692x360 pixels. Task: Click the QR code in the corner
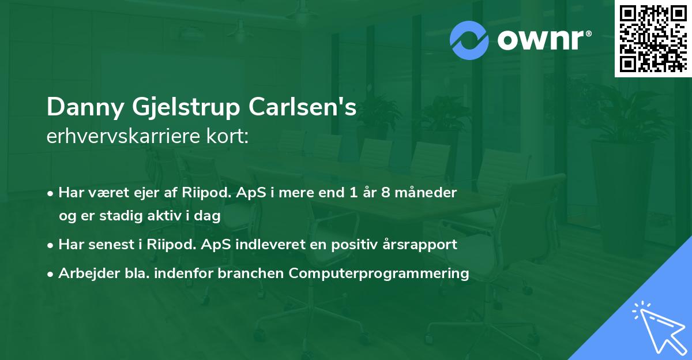tap(653, 39)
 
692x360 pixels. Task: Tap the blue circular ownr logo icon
tap(469, 40)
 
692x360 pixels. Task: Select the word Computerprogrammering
tap(379, 273)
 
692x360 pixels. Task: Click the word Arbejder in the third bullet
tap(85, 273)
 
